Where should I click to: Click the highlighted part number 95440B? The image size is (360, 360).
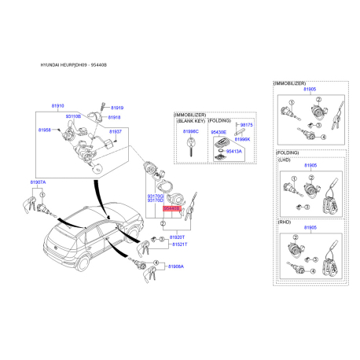170,210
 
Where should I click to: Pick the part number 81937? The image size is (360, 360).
116,131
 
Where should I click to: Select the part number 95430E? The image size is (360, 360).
219,132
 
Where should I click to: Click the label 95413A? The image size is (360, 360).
234,150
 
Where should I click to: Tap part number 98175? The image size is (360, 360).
246,124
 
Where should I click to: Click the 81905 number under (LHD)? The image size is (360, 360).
310,166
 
